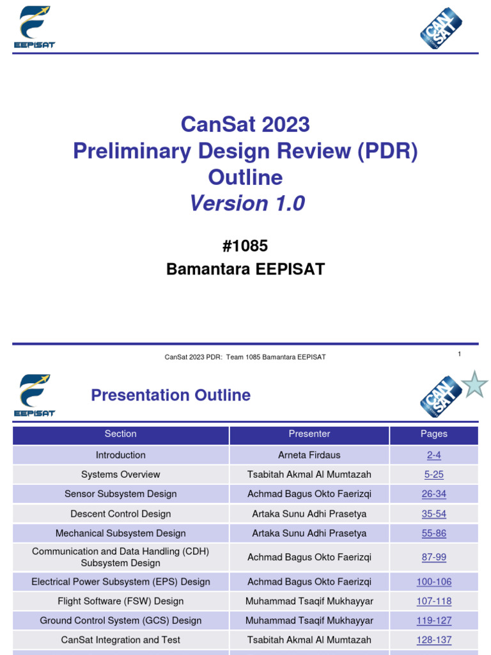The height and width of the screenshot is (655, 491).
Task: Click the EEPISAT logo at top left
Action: click(x=35, y=28)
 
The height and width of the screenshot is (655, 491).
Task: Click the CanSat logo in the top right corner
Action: click(x=440, y=28)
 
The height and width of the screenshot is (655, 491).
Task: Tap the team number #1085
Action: click(x=245, y=246)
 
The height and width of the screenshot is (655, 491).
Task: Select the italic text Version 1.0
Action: click(x=247, y=203)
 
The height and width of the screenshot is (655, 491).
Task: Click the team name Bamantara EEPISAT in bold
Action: click(x=245, y=269)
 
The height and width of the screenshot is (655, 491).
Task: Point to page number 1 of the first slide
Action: click(x=459, y=354)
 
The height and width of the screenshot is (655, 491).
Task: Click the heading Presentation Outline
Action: click(x=171, y=395)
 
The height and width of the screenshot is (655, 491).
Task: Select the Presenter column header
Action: click(x=309, y=434)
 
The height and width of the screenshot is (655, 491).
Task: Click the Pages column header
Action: click(x=433, y=434)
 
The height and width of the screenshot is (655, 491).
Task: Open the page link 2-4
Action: click(x=433, y=455)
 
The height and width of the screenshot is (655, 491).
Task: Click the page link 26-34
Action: click(x=433, y=494)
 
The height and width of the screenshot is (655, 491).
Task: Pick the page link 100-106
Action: click(x=433, y=582)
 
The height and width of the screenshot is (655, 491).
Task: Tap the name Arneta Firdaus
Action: click(x=309, y=455)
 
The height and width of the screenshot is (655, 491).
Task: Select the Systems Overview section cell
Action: click(x=120, y=475)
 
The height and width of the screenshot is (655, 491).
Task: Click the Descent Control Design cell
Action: click(x=120, y=514)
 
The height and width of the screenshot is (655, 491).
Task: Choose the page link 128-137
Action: click(x=433, y=640)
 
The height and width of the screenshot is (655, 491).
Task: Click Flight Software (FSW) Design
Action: click(x=120, y=601)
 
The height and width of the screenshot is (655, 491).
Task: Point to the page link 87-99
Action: click(x=433, y=557)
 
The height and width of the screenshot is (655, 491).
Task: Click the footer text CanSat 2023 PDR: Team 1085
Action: click(x=245, y=357)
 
